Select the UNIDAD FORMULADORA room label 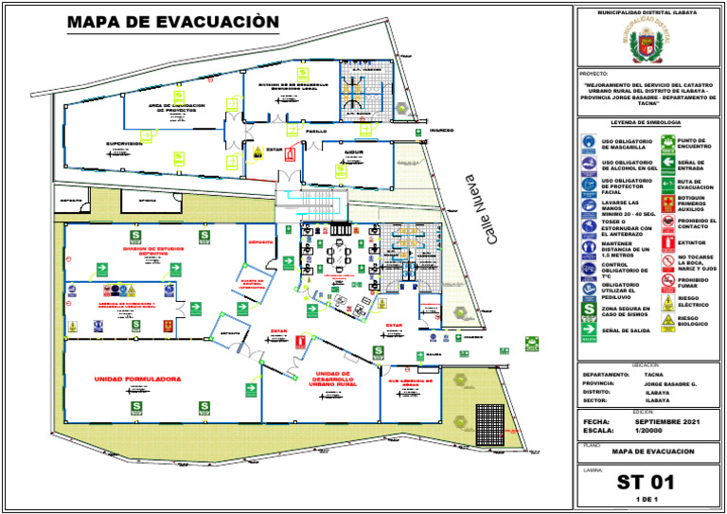pyautogui.click(x=137, y=379)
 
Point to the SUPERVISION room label pyautogui.click(x=123, y=144)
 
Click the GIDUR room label pyautogui.click(x=354, y=151)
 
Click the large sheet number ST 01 pyautogui.click(x=646, y=480)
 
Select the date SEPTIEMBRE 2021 pyautogui.click(x=668, y=420)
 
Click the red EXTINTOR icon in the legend pyautogui.click(x=667, y=242)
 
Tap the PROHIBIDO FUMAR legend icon pyautogui.click(x=667, y=280)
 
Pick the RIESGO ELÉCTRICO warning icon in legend pyautogui.click(x=667, y=300)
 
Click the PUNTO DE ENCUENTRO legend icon pyautogui.click(x=667, y=143)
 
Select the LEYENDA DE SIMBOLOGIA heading pyautogui.click(x=646, y=123)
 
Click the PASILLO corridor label pyautogui.click(x=315, y=132)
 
